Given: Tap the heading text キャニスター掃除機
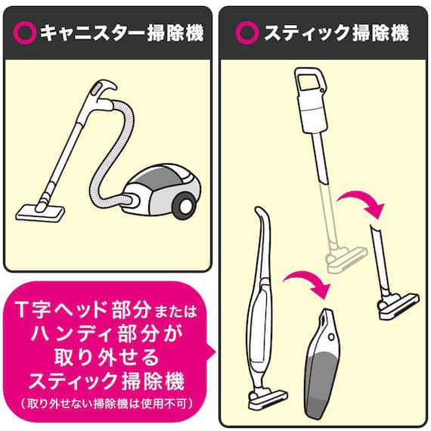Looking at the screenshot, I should click(121, 33).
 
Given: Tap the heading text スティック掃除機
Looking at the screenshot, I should click(333, 33).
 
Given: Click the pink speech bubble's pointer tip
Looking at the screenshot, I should click(213, 348).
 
